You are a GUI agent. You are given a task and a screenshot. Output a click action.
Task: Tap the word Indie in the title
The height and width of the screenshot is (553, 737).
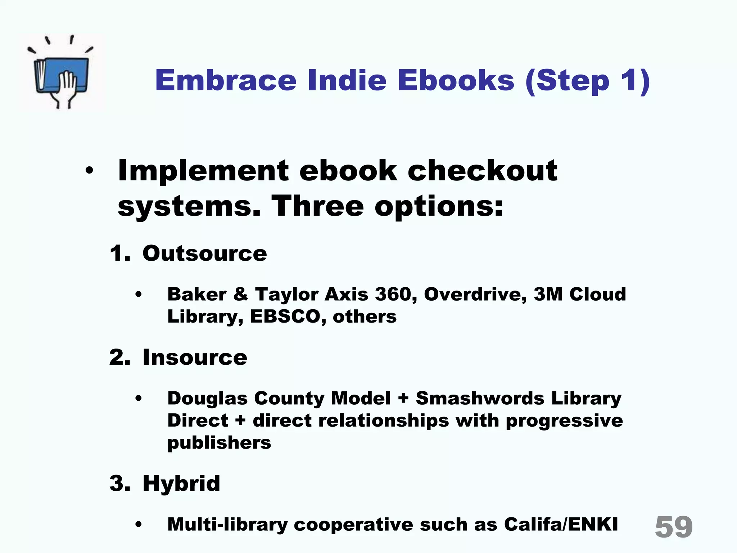[347, 80]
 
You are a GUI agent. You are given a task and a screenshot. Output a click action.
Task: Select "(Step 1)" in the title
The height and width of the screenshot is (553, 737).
[587, 81]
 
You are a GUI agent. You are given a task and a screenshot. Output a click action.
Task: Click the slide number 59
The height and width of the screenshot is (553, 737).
[674, 527]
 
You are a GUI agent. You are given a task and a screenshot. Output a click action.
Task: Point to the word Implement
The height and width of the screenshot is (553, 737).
[203, 171]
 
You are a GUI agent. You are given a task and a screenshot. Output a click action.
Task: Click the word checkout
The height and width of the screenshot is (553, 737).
[482, 170]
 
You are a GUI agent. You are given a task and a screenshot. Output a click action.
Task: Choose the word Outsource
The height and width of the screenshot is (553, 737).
[204, 253]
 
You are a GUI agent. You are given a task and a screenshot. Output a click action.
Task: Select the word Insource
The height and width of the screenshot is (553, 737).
[195, 357]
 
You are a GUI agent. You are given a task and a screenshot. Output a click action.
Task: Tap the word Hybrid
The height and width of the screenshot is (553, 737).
[181, 483]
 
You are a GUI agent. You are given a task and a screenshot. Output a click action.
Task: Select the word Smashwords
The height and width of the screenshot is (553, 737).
[480, 398]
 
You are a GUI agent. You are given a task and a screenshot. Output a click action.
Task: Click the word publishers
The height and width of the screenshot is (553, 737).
[219, 442]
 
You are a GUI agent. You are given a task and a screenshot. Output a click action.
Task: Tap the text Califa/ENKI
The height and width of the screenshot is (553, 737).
[561, 524]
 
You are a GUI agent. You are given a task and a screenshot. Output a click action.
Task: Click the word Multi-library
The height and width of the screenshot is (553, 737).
[227, 525]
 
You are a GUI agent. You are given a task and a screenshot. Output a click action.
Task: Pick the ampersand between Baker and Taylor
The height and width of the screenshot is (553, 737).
[241, 294]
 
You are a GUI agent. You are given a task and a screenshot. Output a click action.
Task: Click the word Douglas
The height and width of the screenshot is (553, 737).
[207, 398]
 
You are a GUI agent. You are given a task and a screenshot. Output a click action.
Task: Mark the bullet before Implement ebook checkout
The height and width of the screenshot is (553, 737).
[89, 171]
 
